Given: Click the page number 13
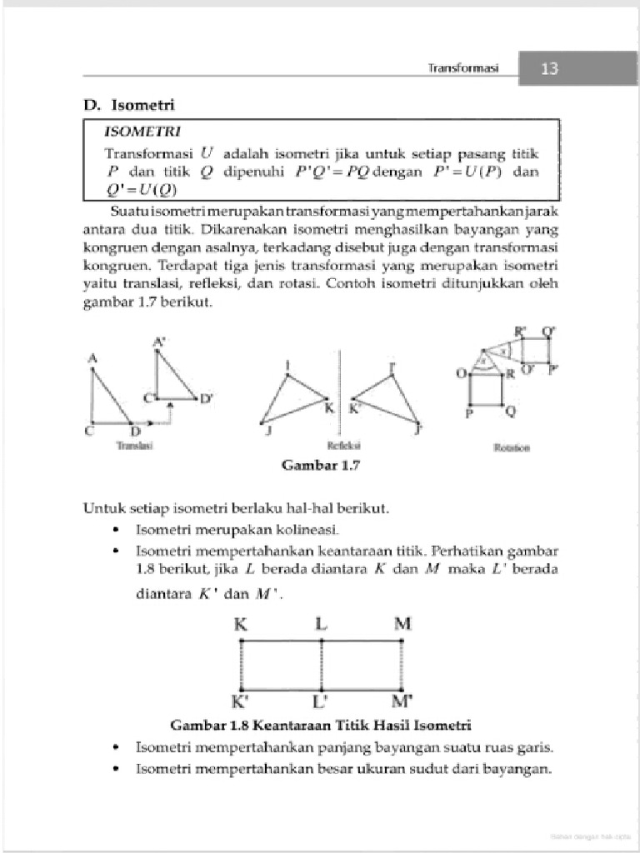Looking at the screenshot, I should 549,69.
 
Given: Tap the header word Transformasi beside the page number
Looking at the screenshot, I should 462,69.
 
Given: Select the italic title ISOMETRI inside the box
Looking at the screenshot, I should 137,132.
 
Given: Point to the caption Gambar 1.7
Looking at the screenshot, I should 320,465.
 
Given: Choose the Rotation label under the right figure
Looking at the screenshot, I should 512,447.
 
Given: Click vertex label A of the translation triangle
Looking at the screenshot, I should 92,358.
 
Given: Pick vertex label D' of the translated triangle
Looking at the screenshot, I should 206,398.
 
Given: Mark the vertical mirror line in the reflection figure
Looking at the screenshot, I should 337,392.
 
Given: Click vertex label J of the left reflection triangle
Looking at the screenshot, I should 267,429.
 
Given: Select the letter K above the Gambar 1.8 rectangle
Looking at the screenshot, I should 240,624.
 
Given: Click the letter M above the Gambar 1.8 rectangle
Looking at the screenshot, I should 402,624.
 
